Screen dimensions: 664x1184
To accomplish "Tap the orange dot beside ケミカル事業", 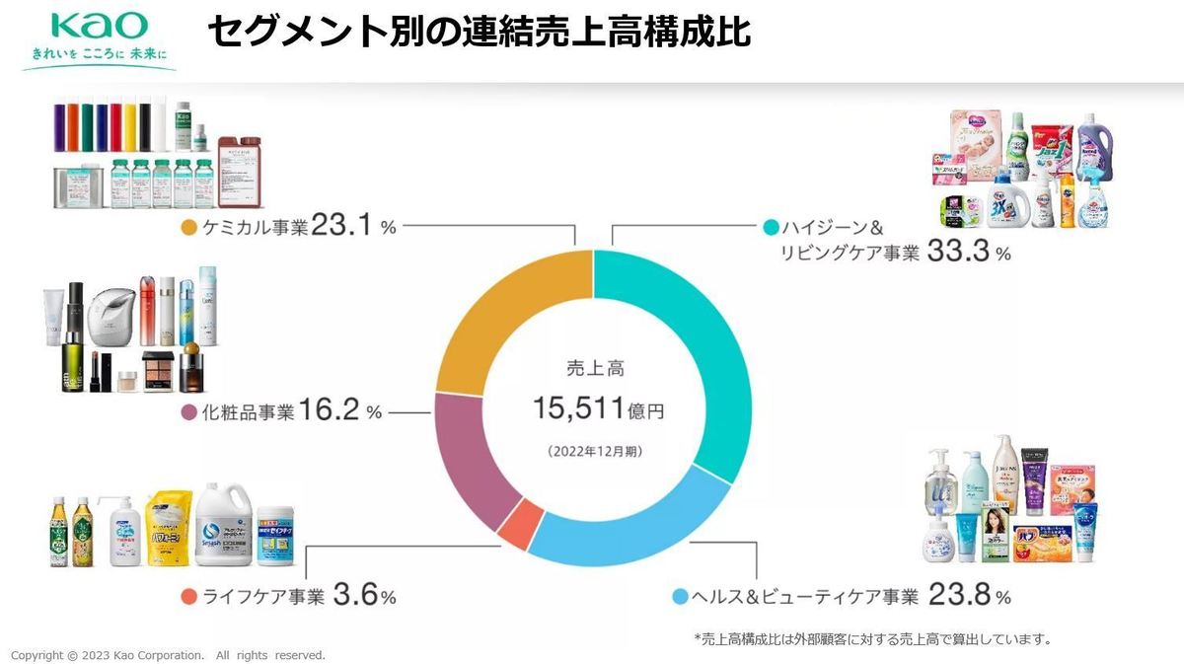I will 190,228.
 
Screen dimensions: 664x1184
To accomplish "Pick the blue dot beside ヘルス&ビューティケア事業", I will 680,597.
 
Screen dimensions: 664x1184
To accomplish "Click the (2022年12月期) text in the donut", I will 593,451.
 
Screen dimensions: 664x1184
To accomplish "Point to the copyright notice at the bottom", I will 168,655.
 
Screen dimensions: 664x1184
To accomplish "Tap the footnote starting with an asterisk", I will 872,638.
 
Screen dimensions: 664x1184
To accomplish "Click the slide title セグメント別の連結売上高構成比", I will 480,33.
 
